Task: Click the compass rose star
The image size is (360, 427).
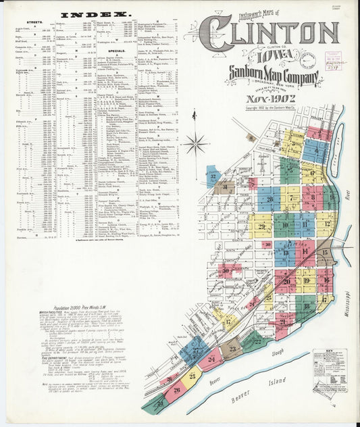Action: point(197,143)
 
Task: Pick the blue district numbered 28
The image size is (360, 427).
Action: point(269,199)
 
